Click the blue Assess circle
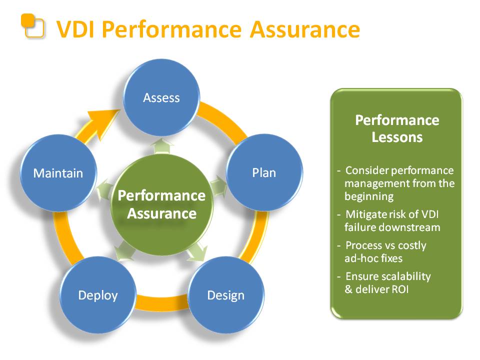(x=161, y=97)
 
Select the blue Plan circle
(x=264, y=172)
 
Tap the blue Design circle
(x=226, y=295)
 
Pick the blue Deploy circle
(x=98, y=295)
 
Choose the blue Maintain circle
(x=58, y=173)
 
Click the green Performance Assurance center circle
(x=161, y=205)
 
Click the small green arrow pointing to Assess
(x=162, y=146)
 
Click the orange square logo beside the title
(x=32, y=26)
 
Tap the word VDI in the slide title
(x=75, y=29)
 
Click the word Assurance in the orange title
(x=305, y=29)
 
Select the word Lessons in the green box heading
(x=397, y=137)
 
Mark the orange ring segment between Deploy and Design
(x=161, y=303)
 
